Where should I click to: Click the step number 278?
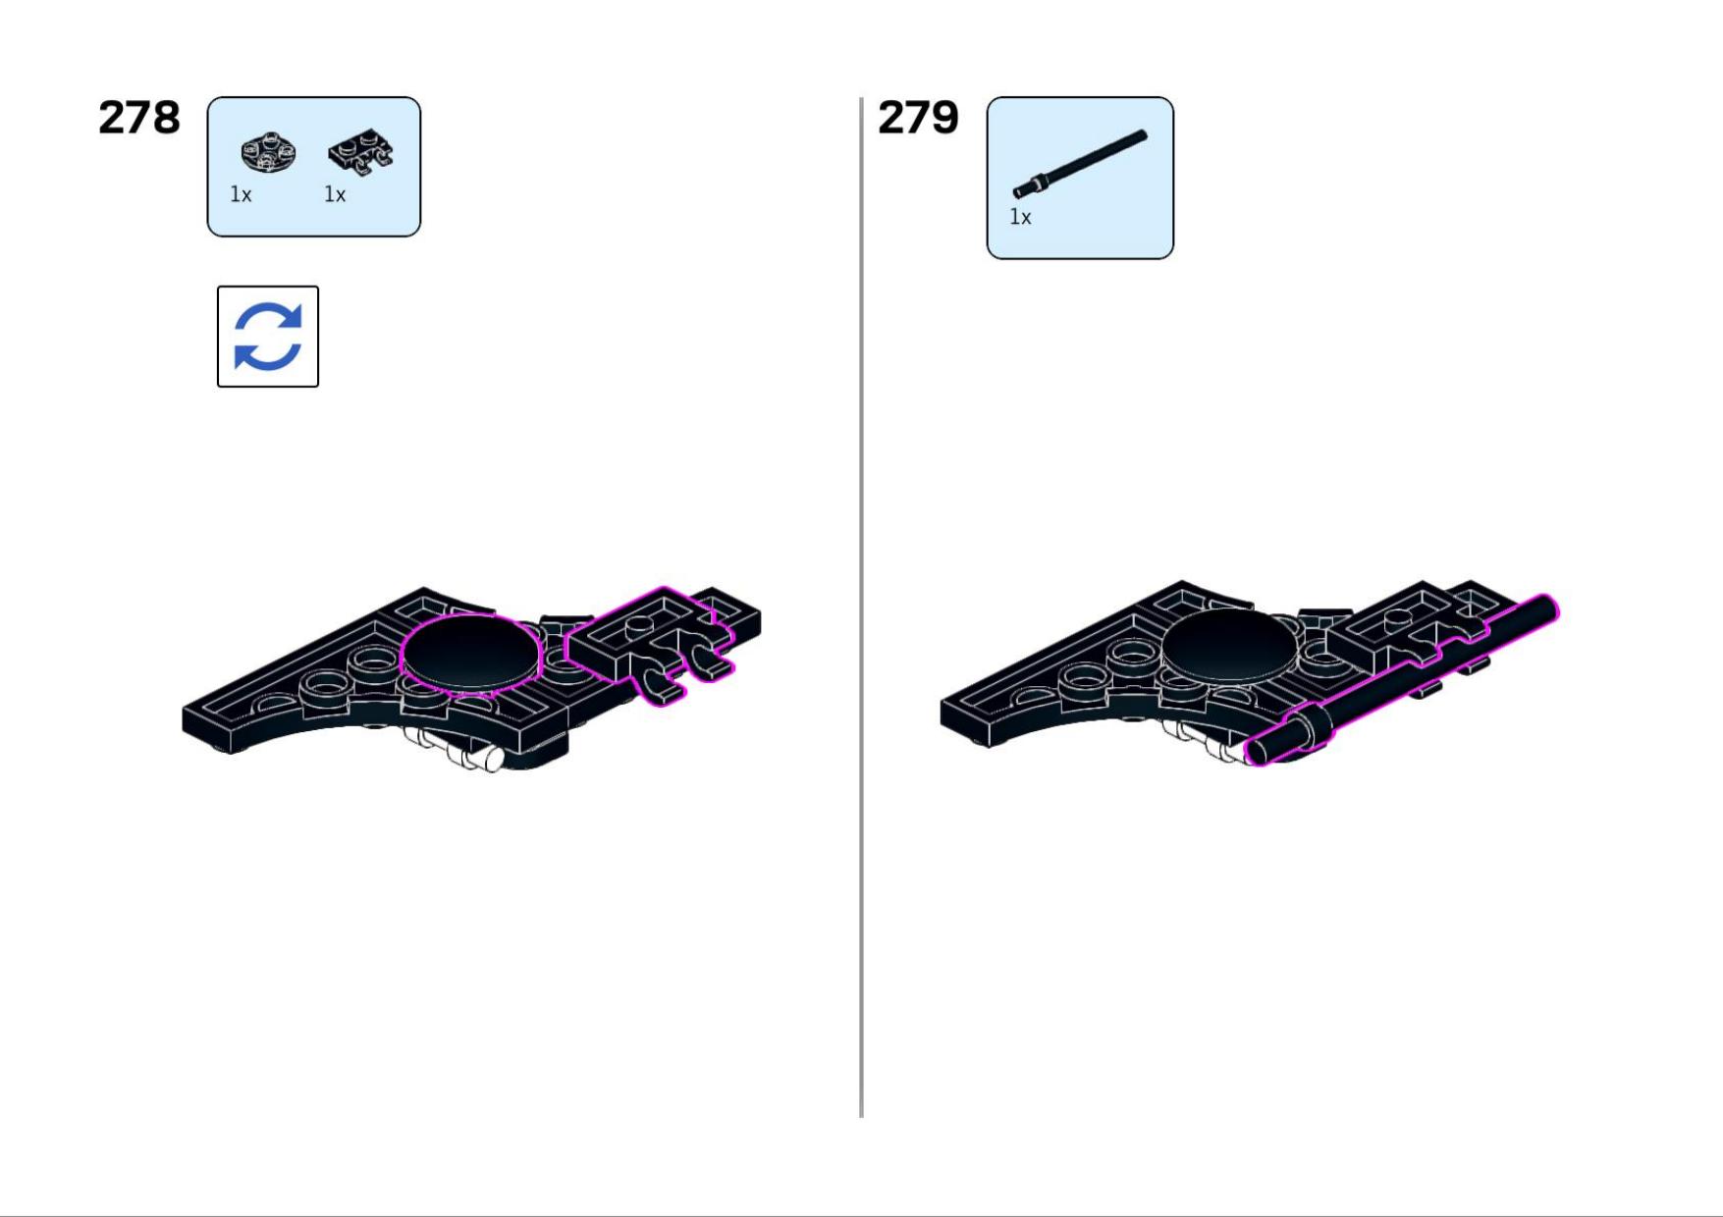point(139,118)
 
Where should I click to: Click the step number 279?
point(918,118)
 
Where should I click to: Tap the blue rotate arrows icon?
point(268,337)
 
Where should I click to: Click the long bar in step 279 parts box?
point(1080,164)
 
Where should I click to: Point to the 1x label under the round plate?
point(241,194)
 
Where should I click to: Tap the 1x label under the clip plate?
point(335,194)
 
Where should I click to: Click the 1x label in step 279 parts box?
point(1020,217)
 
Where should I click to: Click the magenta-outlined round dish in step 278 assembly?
point(471,653)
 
